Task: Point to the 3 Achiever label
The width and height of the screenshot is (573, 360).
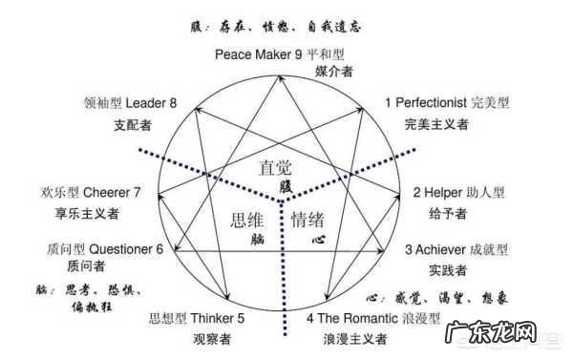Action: tap(439, 250)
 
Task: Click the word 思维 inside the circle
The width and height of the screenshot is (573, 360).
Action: tap(245, 221)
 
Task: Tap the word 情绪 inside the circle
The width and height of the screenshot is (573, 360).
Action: tap(307, 221)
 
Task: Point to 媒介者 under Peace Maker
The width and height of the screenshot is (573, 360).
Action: tap(332, 72)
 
